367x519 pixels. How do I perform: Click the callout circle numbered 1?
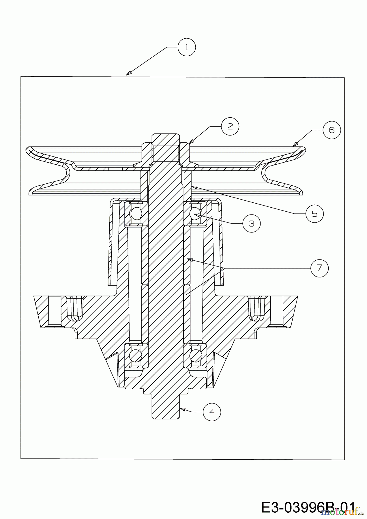[x=187, y=47]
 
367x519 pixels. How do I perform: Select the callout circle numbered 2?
[x=230, y=126]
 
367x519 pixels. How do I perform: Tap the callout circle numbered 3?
[x=252, y=223]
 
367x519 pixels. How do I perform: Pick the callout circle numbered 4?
[x=212, y=412]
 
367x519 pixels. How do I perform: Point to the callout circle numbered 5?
[x=314, y=213]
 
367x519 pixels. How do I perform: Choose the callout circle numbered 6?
[x=332, y=130]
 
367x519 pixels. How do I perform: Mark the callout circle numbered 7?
[x=319, y=268]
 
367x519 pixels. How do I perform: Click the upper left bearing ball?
[x=136, y=213]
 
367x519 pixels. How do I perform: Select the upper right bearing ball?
[x=195, y=213]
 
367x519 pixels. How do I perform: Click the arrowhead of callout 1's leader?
[x=127, y=74]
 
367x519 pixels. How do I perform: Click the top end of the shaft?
[x=166, y=137]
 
